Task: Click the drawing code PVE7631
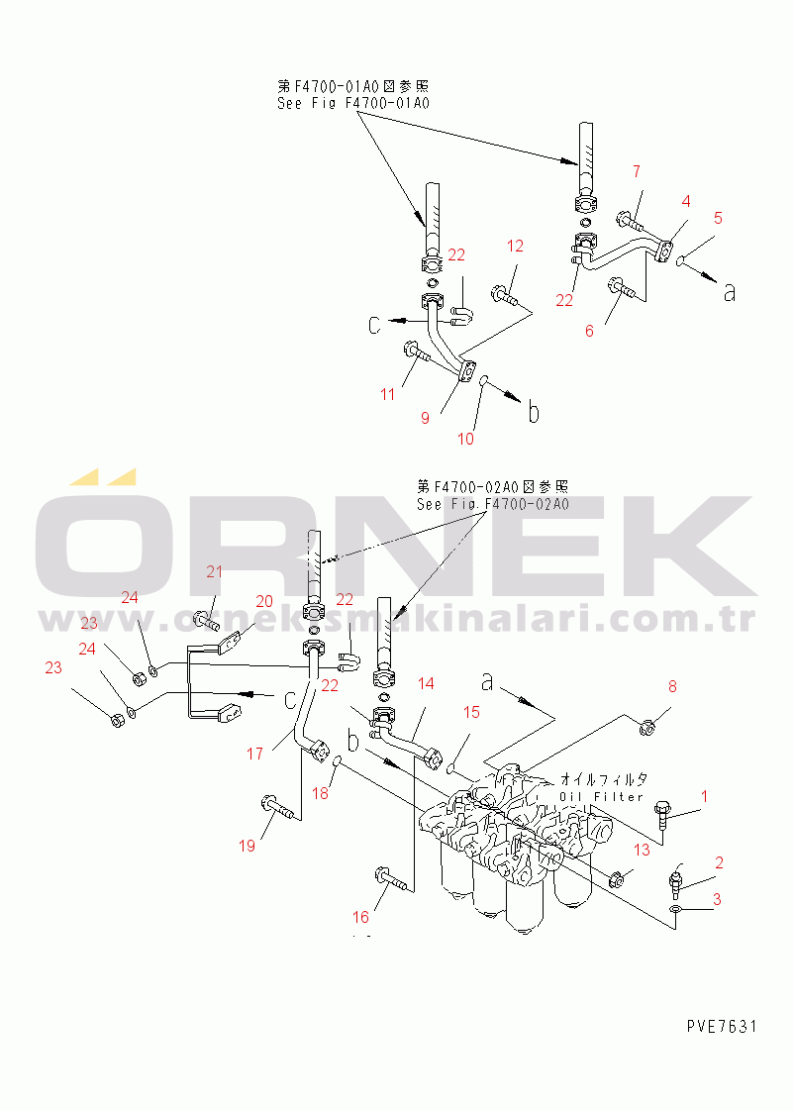pyautogui.click(x=721, y=1026)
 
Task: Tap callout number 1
pyautogui.click(x=704, y=796)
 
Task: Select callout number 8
pyautogui.click(x=671, y=686)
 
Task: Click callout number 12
pyautogui.click(x=515, y=246)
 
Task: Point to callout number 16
pyautogui.click(x=362, y=917)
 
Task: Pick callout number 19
pyautogui.click(x=247, y=845)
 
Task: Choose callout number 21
pyautogui.click(x=215, y=570)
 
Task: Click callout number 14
pyautogui.click(x=426, y=683)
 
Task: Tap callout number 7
pyautogui.click(x=638, y=173)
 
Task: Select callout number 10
pyautogui.click(x=465, y=439)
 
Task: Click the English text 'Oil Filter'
pyautogui.click(x=601, y=797)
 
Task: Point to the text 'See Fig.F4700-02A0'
pyautogui.click(x=492, y=504)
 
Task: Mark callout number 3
pyautogui.click(x=718, y=899)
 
